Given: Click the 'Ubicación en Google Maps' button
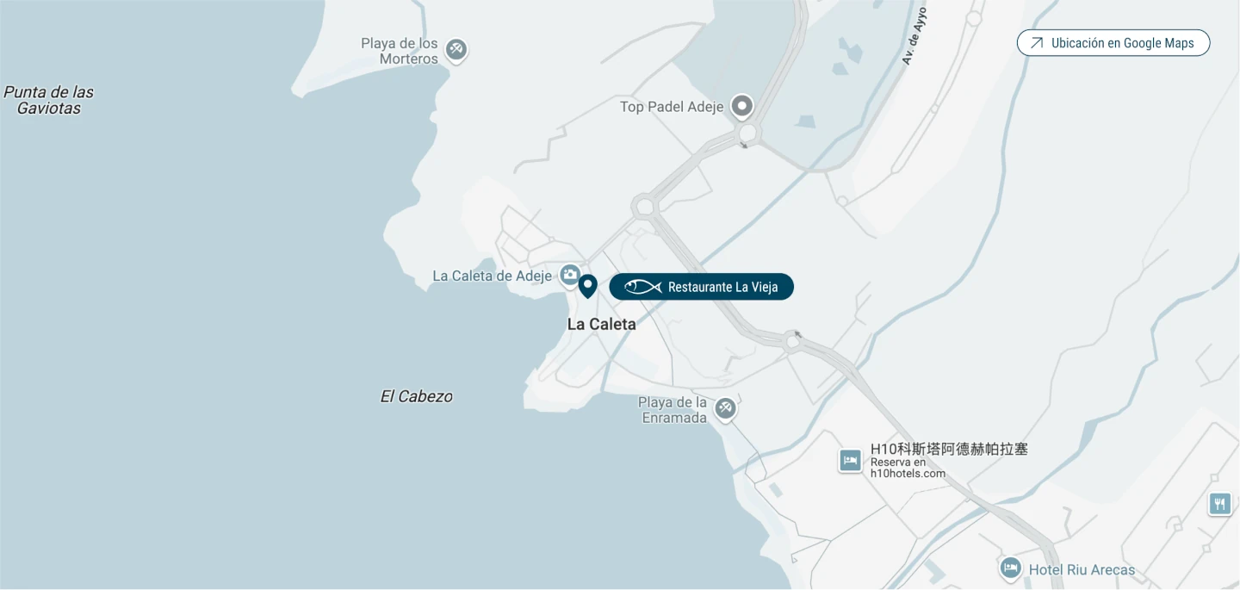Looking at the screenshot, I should (1113, 43).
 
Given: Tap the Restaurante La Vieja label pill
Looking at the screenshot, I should (701, 287).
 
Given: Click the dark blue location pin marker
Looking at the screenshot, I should (587, 285).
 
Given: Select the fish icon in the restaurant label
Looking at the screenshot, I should (642, 287).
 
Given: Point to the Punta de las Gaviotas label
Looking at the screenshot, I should (49, 100).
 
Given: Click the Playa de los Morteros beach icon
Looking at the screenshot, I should (456, 49).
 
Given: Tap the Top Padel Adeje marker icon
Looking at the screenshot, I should (742, 106).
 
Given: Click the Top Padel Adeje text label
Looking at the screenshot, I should (672, 107).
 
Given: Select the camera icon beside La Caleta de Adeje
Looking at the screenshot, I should (569, 275).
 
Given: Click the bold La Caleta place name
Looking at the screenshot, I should (601, 324).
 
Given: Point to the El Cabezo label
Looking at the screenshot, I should (416, 396).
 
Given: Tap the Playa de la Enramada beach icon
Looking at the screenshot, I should (725, 407).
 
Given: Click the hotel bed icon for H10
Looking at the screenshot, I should (850, 461).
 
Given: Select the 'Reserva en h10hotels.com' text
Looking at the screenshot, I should (908, 468).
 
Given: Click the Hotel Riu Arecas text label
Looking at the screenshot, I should (1082, 569).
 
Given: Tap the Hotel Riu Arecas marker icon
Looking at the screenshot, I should (1010, 568).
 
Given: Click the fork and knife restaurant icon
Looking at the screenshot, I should (1219, 504).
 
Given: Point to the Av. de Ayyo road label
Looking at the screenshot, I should (914, 36).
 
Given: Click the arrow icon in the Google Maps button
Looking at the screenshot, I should (1037, 43).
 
